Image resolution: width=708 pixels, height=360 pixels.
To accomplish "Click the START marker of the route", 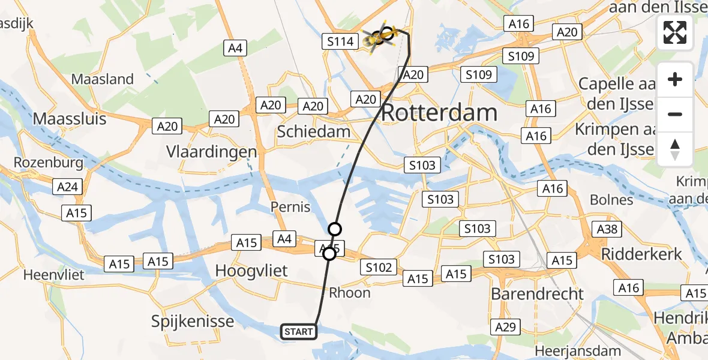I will [298, 332].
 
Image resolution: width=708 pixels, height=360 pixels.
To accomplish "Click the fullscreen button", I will [675, 32].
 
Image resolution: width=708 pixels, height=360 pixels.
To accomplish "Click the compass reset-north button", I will [675, 149].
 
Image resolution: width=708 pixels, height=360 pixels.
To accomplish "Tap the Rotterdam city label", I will [439, 112].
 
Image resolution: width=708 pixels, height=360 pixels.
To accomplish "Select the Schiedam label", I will [314, 132].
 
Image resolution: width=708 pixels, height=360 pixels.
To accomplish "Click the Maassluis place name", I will [70, 119].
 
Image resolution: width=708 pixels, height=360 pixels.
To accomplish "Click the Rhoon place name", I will [350, 293].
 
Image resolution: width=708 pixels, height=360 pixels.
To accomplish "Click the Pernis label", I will [290, 207].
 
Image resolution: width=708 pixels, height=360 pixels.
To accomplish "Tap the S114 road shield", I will [340, 41].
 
